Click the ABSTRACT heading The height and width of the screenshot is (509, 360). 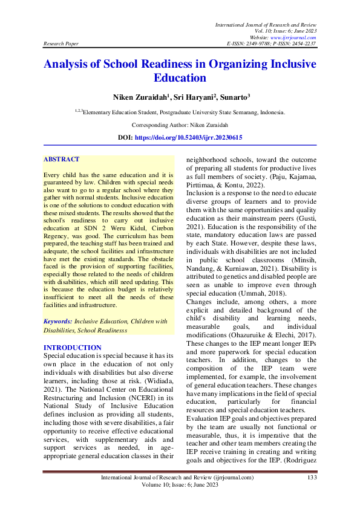click(61, 160)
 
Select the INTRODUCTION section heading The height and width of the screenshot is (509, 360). click(73, 348)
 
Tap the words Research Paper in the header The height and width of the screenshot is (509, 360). click(60, 44)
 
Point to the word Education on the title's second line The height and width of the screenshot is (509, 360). click(180, 78)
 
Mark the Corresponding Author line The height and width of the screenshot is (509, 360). click(180, 125)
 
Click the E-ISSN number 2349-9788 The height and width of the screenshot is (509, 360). click(259, 44)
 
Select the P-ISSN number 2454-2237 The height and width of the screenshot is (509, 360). click(302, 44)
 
